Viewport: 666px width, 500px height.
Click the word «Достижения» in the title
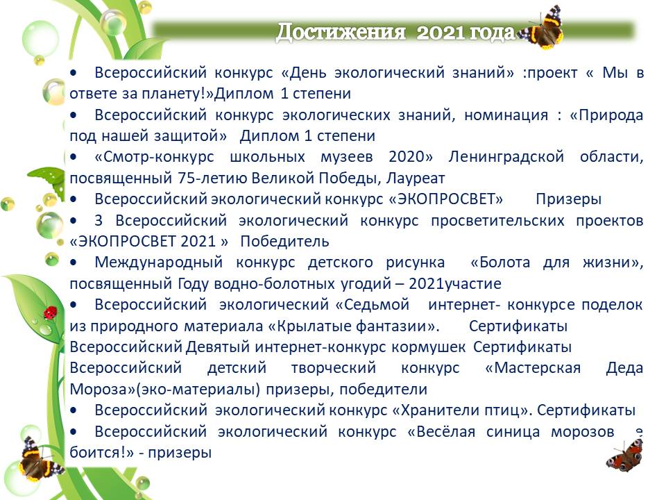click(341, 31)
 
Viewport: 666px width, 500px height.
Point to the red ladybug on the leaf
click(50, 312)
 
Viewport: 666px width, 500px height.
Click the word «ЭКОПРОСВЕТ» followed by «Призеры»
click(446, 199)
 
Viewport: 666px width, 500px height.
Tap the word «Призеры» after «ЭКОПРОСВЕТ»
click(568, 199)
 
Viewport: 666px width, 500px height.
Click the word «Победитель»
click(284, 242)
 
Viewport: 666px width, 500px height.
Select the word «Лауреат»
click(416, 178)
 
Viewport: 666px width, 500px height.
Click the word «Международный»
click(158, 262)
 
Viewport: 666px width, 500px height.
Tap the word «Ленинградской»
click(506, 157)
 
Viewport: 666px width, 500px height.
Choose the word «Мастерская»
click(533, 368)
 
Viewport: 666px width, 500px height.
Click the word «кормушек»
click(428, 347)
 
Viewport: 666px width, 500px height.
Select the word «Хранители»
click(433, 410)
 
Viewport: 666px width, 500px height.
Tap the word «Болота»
click(500, 262)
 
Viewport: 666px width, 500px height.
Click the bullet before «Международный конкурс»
click(74, 262)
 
